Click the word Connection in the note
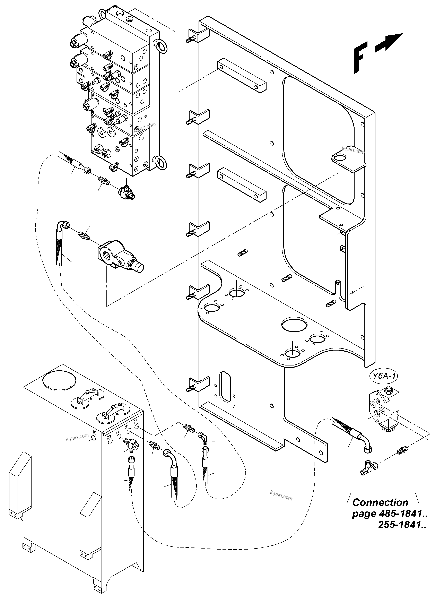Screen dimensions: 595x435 380,502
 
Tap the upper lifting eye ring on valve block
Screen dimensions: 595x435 161,46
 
